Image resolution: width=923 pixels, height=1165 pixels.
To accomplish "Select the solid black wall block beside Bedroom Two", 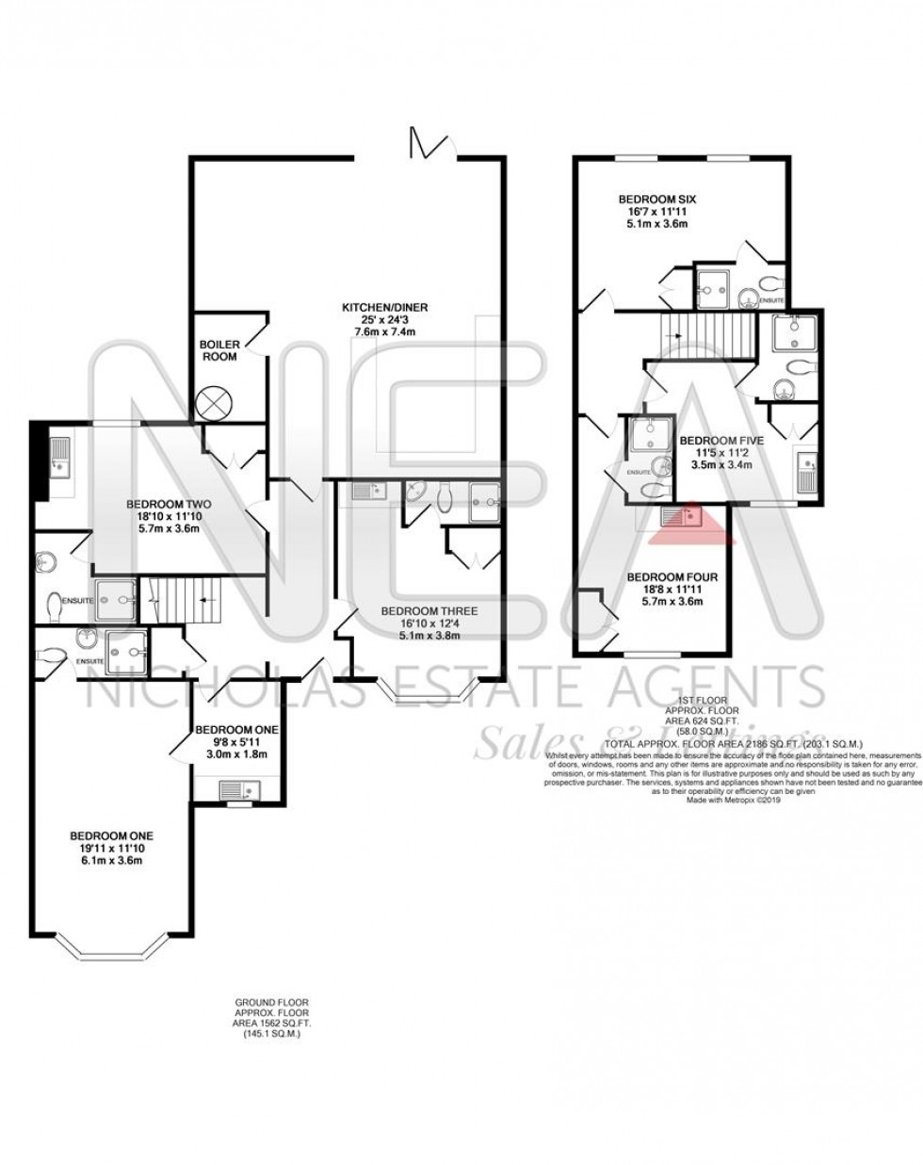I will point(37,462).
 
